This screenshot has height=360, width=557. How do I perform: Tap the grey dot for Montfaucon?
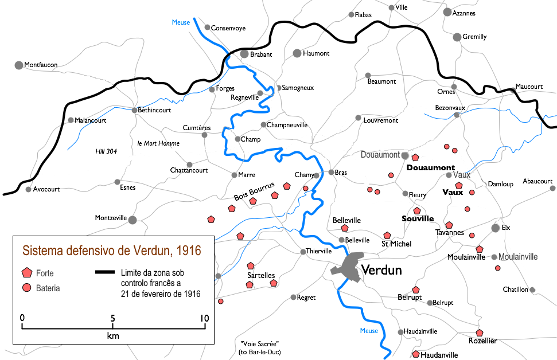click(x=19, y=65)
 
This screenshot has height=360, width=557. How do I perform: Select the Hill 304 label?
click(x=106, y=151)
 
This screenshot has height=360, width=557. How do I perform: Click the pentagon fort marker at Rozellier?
click(x=480, y=332)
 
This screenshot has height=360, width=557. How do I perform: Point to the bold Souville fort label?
click(x=417, y=219)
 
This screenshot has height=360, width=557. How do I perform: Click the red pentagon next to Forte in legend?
click(x=26, y=273)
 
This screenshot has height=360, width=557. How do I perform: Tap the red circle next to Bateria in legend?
click(x=26, y=288)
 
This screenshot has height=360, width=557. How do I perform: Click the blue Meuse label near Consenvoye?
click(x=181, y=22)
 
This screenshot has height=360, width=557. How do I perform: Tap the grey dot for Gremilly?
click(x=457, y=37)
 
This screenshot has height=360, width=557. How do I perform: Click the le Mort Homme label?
click(x=158, y=143)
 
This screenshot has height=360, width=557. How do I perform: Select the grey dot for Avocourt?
click(x=28, y=189)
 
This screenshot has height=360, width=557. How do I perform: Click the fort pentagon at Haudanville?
click(x=415, y=354)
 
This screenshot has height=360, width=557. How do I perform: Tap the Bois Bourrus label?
click(x=254, y=191)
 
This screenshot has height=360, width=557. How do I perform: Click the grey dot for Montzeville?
click(x=133, y=220)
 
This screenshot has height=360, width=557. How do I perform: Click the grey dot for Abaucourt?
click(x=552, y=188)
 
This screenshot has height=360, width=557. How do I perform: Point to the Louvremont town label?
click(x=380, y=120)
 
